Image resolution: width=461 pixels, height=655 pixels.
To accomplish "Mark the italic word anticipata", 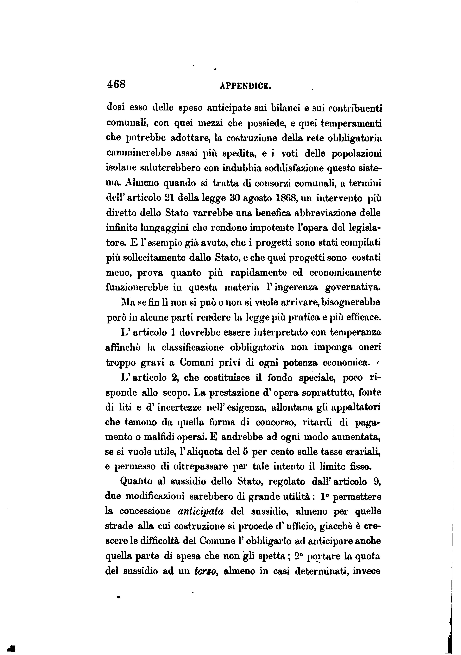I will coord(201,511).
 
